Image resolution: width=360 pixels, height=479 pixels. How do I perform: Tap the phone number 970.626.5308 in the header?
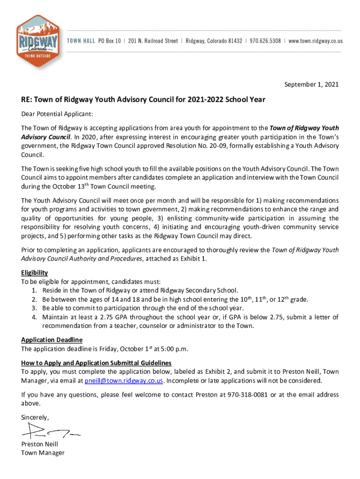tap(265, 41)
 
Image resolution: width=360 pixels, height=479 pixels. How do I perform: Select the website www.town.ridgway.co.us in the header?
tap(316, 41)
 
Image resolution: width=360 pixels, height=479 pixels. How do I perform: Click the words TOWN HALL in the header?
tap(81, 41)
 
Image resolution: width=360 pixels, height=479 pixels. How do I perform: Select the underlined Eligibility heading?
tap(34, 273)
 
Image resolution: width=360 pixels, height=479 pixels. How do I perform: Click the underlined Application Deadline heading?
tap(51, 340)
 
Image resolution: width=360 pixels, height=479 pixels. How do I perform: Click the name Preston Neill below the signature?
tap(40, 444)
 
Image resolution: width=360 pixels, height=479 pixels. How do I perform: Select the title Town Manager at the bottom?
tap(43, 452)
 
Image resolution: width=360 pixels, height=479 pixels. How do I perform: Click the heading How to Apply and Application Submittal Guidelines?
tap(96, 363)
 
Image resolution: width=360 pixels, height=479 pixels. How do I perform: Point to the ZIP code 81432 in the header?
tap(233, 41)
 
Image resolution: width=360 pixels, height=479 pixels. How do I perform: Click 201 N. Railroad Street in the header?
tap(153, 41)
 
